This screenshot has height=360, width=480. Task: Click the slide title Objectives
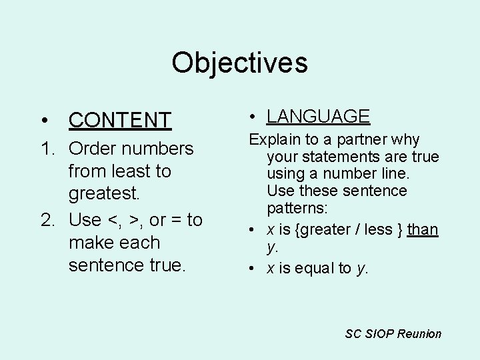[x=239, y=63]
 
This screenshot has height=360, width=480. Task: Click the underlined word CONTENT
[x=120, y=120]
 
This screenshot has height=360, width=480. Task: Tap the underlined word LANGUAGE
[x=318, y=116]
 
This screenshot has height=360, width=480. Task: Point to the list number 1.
[x=48, y=148]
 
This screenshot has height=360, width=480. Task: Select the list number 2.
[x=48, y=219]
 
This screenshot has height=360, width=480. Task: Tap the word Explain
[x=274, y=139]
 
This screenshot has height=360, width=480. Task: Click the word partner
[x=365, y=139]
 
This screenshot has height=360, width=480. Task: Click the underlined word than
[x=423, y=229]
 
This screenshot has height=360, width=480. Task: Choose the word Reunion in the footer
[x=419, y=333]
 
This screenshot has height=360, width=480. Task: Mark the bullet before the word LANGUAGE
[x=253, y=117]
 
